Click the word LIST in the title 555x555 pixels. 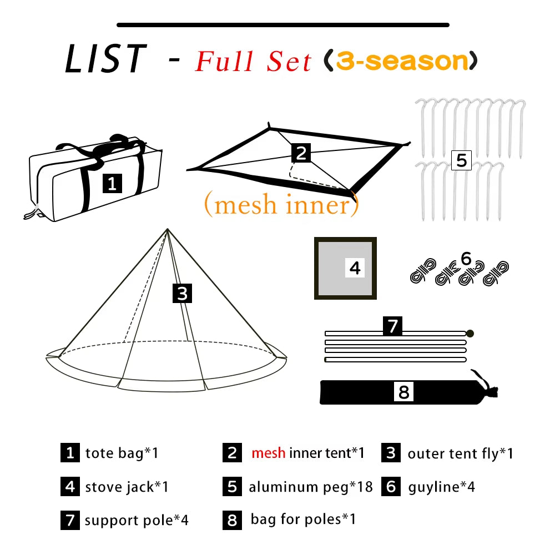click(105, 59)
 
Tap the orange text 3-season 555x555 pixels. click(402, 60)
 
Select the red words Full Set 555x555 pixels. click(253, 61)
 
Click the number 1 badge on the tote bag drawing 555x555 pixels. click(112, 183)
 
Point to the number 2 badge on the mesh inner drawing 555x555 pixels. click(301, 152)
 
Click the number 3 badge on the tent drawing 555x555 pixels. click(182, 293)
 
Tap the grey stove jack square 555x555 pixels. click(345, 268)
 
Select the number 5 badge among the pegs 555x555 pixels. click(461, 160)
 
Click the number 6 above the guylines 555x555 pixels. click(466, 259)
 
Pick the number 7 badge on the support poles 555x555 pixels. click(393, 326)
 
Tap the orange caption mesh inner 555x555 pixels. click(281, 205)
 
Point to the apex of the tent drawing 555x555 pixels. click(167, 229)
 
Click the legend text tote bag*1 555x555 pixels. click(122, 453)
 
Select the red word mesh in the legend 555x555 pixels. click(268, 453)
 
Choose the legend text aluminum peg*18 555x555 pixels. click(310, 487)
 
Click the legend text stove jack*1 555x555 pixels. click(126, 487)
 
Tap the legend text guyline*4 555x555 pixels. click(441, 487)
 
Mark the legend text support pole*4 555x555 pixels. click(136, 521)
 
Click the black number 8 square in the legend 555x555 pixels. click(233, 520)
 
